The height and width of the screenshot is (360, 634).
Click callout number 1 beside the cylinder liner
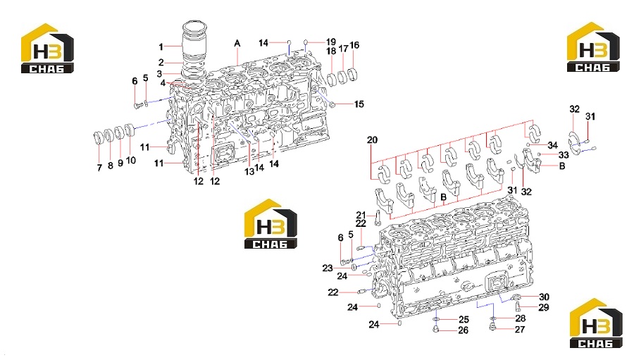coord(161,47)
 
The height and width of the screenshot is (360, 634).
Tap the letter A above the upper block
coord(237,43)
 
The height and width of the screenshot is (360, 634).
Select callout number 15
coord(359,104)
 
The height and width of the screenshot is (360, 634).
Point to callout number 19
coord(331,42)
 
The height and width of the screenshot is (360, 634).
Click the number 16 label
coord(354,45)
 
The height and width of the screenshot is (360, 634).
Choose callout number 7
coord(99,168)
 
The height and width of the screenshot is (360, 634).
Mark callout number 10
coord(130,160)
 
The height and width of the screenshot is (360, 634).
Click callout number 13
coord(249,171)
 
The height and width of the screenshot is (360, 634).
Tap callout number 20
coord(372,140)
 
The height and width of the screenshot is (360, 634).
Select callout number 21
coord(361,215)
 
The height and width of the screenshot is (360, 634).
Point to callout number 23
coord(328,268)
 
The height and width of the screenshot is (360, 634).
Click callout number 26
coord(464,330)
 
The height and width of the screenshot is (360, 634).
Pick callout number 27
coord(520,329)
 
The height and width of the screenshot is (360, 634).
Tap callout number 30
coord(545,297)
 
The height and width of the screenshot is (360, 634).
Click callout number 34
coord(553,145)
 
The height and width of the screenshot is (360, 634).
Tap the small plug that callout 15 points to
coord(333,105)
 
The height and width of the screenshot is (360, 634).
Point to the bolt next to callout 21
coord(378,218)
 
